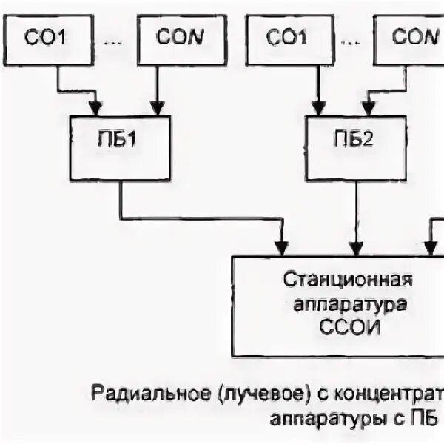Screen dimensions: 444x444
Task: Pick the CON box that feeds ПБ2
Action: (x=411, y=38)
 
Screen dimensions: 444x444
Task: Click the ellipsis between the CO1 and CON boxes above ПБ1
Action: (x=114, y=42)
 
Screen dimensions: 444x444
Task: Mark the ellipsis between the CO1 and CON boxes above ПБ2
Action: (x=348, y=42)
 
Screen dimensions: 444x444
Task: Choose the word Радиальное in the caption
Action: (x=135, y=391)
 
